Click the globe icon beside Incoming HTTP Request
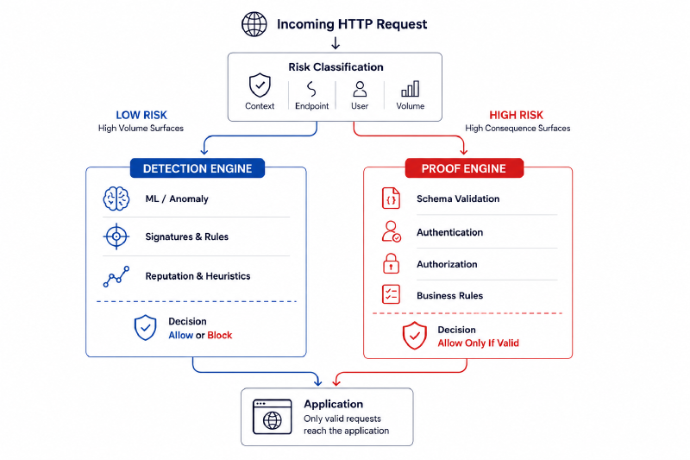click(x=254, y=24)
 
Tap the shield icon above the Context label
click(x=260, y=85)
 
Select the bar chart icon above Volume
click(x=411, y=89)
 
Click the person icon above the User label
click(x=360, y=89)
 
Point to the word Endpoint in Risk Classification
click(x=311, y=106)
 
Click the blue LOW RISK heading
click(x=141, y=116)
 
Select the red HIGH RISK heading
click(x=516, y=116)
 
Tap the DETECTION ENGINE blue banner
click(x=198, y=168)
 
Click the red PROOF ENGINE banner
click(x=464, y=168)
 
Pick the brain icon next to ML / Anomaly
click(x=116, y=198)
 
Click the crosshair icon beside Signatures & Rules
click(x=116, y=236)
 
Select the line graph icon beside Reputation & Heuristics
click(x=116, y=276)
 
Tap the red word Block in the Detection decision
click(x=220, y=336)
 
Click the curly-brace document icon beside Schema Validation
click(x=391, y=198)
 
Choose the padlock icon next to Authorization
click(x=391, y=264)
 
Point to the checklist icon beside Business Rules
click(x=391, y=294)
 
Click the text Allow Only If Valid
click(x=479, y=343)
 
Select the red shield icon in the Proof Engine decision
click(x=415, y=336)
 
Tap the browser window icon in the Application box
click(x=272, y=417)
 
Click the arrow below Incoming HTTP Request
click(x=336, y=43)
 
